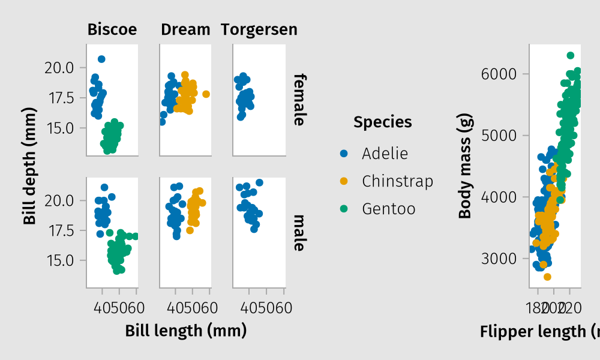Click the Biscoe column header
[112, 29]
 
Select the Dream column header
[185, 29]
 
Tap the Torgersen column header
[259, 29]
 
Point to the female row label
[300, 100]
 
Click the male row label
[300, 232]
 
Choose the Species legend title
[383, 122]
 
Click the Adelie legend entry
[385, 154]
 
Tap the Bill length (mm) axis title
[186, 331]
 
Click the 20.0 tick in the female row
[59, 68]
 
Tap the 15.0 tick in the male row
[59, 261]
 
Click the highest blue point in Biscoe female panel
[101, 59]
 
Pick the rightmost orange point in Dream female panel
[206, 94]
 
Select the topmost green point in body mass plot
[571, 55]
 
